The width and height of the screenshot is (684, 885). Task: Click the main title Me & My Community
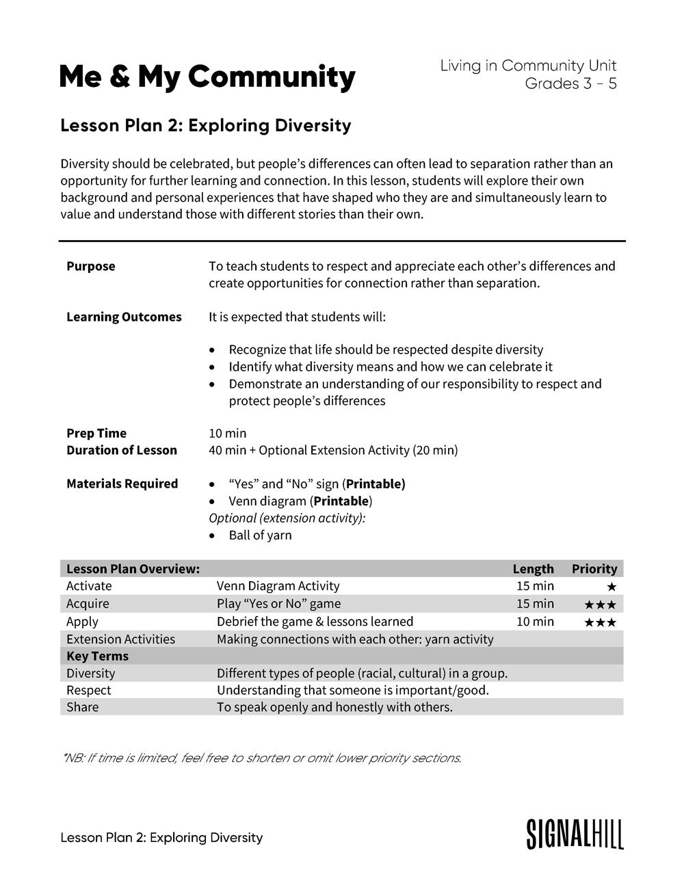tap(207, 77)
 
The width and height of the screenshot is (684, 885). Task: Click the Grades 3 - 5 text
tap(570, 83)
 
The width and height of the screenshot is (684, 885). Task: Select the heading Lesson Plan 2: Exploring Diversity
tap(205, 126)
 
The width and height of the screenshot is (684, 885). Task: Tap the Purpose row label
tap(90, 266)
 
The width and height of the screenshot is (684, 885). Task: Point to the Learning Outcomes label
tap(124, 317)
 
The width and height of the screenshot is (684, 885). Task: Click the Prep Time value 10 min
tap(227, 433)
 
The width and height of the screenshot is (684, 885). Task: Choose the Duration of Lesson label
tap(121, 450)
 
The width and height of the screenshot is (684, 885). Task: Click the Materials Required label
tap(122, 484)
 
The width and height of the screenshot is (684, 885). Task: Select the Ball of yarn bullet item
tap(260, 535)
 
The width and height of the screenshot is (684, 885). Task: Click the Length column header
tap(533, 568)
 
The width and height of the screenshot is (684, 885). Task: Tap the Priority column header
tap(594, 568)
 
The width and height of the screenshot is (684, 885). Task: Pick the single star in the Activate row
tap(611, 587)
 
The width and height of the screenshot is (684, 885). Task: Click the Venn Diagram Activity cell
tap(278, 585)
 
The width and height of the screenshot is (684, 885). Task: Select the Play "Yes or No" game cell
tap(278, 603)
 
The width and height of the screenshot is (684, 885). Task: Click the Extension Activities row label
tap(120, 639)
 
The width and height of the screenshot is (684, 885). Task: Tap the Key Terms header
tap(97, 656)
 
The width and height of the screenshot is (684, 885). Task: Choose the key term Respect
tap(88, 690)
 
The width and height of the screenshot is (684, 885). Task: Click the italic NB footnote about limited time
tap(261, 758)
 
